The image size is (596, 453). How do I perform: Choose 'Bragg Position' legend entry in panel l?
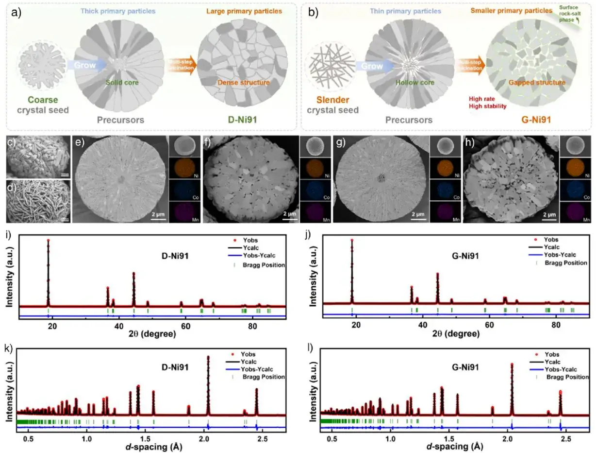[x=567, y=377]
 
